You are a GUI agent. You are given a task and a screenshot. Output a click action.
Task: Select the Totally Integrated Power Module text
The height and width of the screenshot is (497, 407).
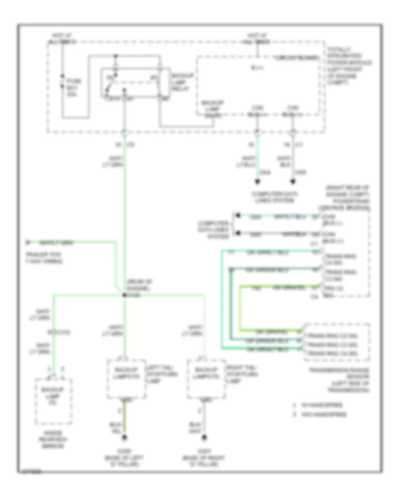pos(348,66)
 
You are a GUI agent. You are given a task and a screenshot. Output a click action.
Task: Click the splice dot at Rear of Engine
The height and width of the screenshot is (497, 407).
pos(124,295)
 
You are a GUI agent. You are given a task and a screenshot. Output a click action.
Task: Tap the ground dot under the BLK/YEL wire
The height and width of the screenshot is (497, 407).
pos(124,437)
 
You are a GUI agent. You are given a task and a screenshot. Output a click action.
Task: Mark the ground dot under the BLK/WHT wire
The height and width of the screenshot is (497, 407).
pos(204,437)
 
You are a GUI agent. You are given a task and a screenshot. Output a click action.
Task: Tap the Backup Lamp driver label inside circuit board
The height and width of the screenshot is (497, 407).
pos(211,110)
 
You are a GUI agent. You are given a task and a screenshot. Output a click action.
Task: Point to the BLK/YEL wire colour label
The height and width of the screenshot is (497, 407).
pos(116,428)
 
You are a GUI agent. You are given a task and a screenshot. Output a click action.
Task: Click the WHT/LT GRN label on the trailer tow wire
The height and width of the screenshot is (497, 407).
pos(57,242)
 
